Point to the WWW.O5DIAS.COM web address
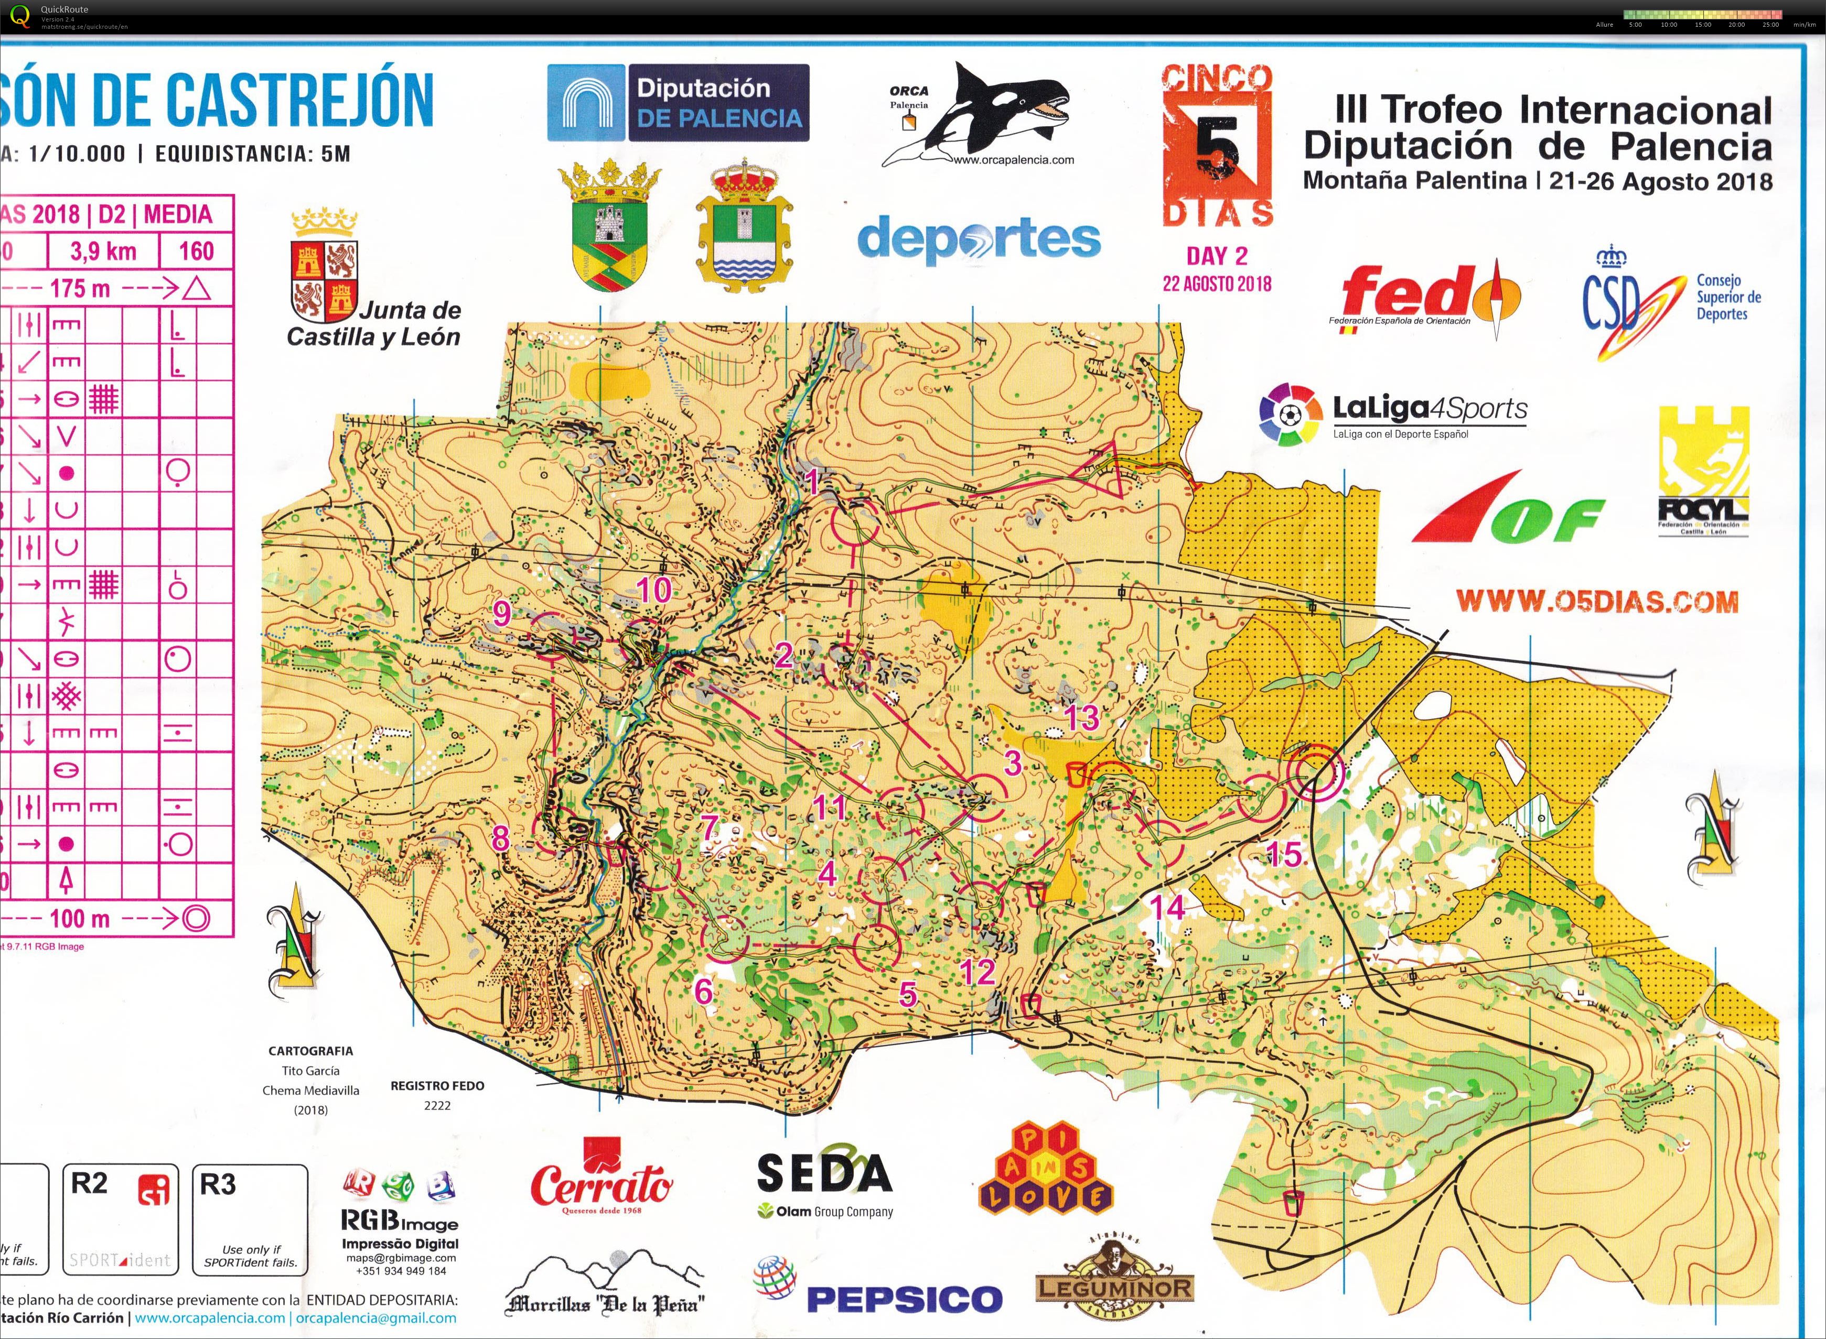1597,602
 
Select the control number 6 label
703,990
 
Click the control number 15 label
1284,854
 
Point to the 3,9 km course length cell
103,251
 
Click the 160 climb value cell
196,251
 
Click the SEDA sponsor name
824,1173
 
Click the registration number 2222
437,1106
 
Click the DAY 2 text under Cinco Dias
1216,256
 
